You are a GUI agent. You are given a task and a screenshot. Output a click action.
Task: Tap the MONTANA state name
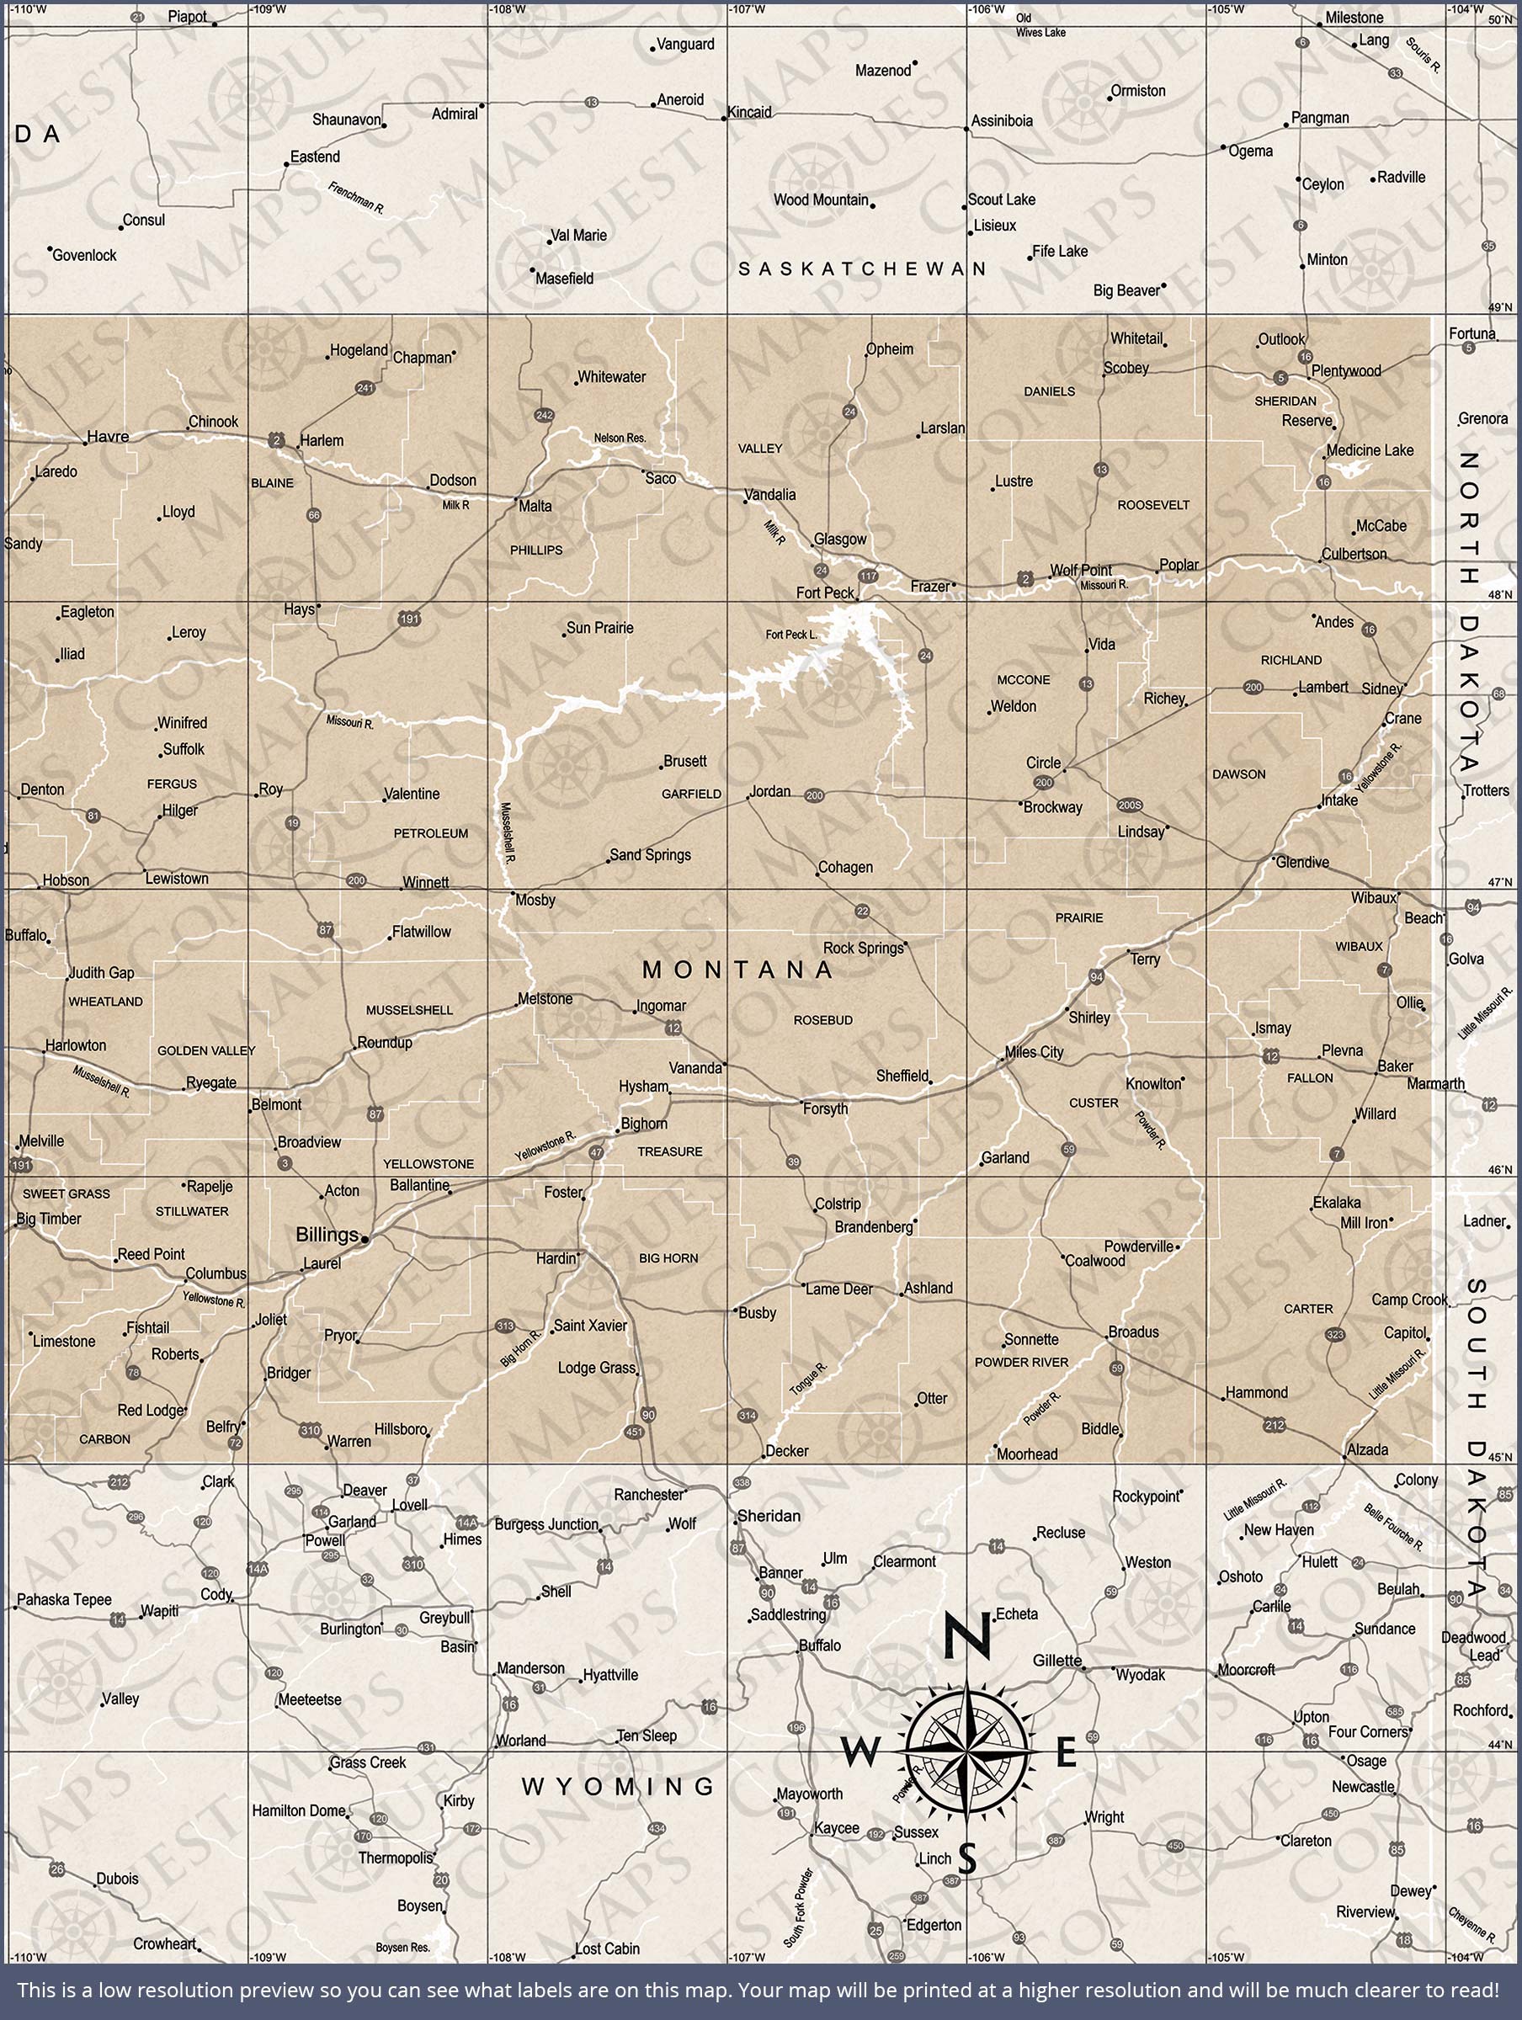click(x=737, y=970)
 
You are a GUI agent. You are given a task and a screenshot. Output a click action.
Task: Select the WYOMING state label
click(x=618, y=1786)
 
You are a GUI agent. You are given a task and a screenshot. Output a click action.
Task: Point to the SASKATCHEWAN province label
click(x=862, y=268)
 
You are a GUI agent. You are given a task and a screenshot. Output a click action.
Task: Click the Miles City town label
click(x=1034, y=1052)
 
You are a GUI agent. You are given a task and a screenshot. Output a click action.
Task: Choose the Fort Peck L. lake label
click(x=791, y=635)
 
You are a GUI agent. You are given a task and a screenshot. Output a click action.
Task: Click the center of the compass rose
click(x=967, y=1752)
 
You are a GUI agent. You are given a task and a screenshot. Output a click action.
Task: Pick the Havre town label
click(x=108, y=437)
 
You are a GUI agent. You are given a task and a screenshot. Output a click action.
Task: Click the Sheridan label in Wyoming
click(x=769, y=1516)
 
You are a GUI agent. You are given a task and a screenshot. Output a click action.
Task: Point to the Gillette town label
click(x=1057, y=1661)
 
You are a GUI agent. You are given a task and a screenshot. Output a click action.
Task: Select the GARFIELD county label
click(x=692, y=795)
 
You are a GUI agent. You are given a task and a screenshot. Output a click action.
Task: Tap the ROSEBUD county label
click(x=823, y=1020)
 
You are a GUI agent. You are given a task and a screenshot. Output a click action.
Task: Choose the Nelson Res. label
click(x=620, y=439)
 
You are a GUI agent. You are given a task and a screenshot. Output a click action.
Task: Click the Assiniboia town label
click(x=1003, y=120)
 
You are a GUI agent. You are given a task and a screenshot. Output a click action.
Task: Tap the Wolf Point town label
click(x=1081, y=570)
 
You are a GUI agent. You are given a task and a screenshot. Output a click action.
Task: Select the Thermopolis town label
click(x=395, y=1858)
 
